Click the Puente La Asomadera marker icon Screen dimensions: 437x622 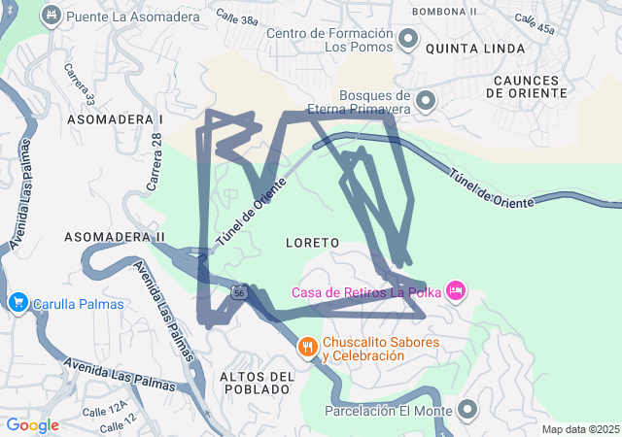pos(52,16)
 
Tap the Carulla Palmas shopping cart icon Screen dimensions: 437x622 pos(17,304)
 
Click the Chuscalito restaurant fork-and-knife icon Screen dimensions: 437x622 pos(307,347)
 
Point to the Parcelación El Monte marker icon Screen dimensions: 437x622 pos(467,410)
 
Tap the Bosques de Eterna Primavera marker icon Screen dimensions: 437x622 pos(426,101)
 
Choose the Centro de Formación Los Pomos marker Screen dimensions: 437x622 pos(408,40)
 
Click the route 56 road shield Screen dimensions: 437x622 pos(239,291)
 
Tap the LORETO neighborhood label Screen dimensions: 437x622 pos(313,241)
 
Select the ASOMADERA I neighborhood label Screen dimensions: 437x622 pos(115,118)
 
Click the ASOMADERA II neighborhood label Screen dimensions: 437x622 pos(115,237)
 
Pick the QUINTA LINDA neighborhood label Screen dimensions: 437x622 pos(475,48)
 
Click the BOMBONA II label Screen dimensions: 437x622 pos(444,11)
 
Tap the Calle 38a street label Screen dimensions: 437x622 pos(237,18)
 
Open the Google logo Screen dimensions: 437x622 pos(32,425)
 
